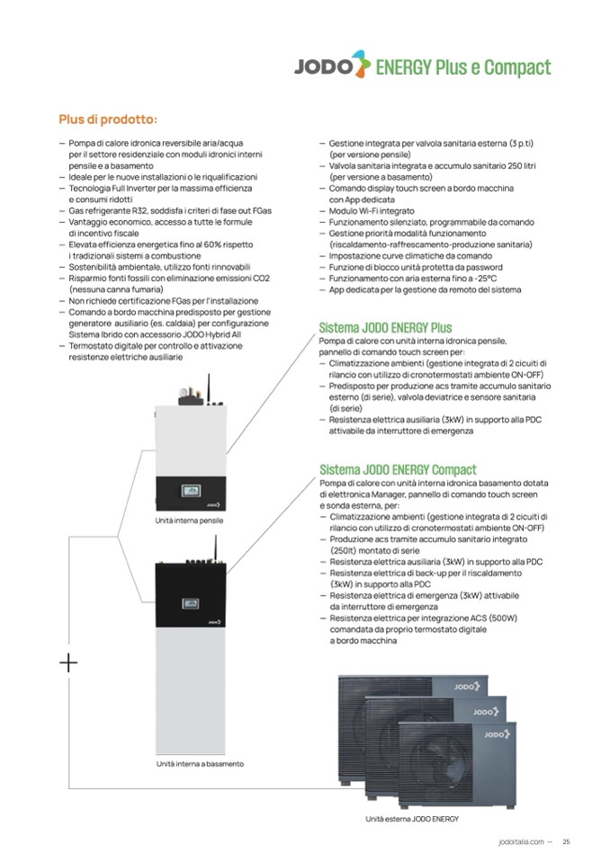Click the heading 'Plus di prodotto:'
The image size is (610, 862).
click(x=108, y=119)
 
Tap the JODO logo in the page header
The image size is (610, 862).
click(x=332, y=67)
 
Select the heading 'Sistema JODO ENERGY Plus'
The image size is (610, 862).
click(x=385, y=328)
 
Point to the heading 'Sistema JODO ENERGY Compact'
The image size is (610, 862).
click(x=398, y=469)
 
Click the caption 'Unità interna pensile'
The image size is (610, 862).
click(x=190, y=520)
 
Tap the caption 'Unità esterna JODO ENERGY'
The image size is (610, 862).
click(x=412, y=819)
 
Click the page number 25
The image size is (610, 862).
click(x=566, y=842)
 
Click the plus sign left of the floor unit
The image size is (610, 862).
click(x=68, y=663)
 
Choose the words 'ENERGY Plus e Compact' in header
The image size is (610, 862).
click(x=462, y=67)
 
